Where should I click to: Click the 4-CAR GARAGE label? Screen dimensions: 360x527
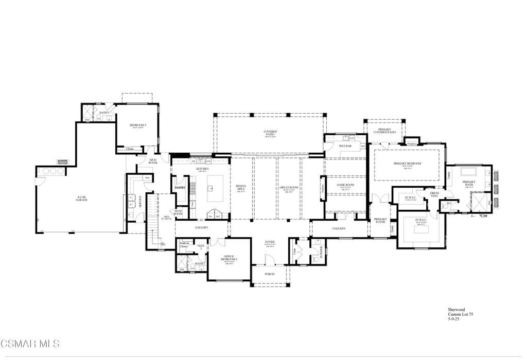tap(81, 197)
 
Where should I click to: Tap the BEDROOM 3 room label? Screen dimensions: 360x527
tap(137, 125)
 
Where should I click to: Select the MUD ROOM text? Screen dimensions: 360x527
tap(153, 161)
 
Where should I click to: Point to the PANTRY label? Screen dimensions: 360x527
tap(180, 188)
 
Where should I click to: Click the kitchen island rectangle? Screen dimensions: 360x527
tap(215, 183)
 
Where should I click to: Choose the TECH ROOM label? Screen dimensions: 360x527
tap(178, 212)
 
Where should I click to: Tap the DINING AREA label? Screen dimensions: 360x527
tap(241, 188)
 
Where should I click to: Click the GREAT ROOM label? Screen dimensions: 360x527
tap(291, 188)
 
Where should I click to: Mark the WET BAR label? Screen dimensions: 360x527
tap(345, 146)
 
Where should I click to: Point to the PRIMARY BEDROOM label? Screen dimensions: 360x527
tap(407, 164)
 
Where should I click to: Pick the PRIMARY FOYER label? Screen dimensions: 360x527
tap(380, 220)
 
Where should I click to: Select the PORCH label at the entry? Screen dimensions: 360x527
tap(270, 274)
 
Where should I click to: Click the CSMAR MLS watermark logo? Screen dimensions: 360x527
tap(30, 343)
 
